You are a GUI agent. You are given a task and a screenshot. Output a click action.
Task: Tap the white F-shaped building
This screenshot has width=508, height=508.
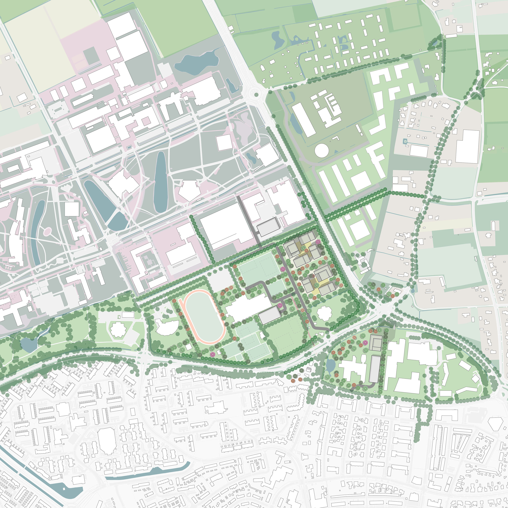click(x=376, y=158)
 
